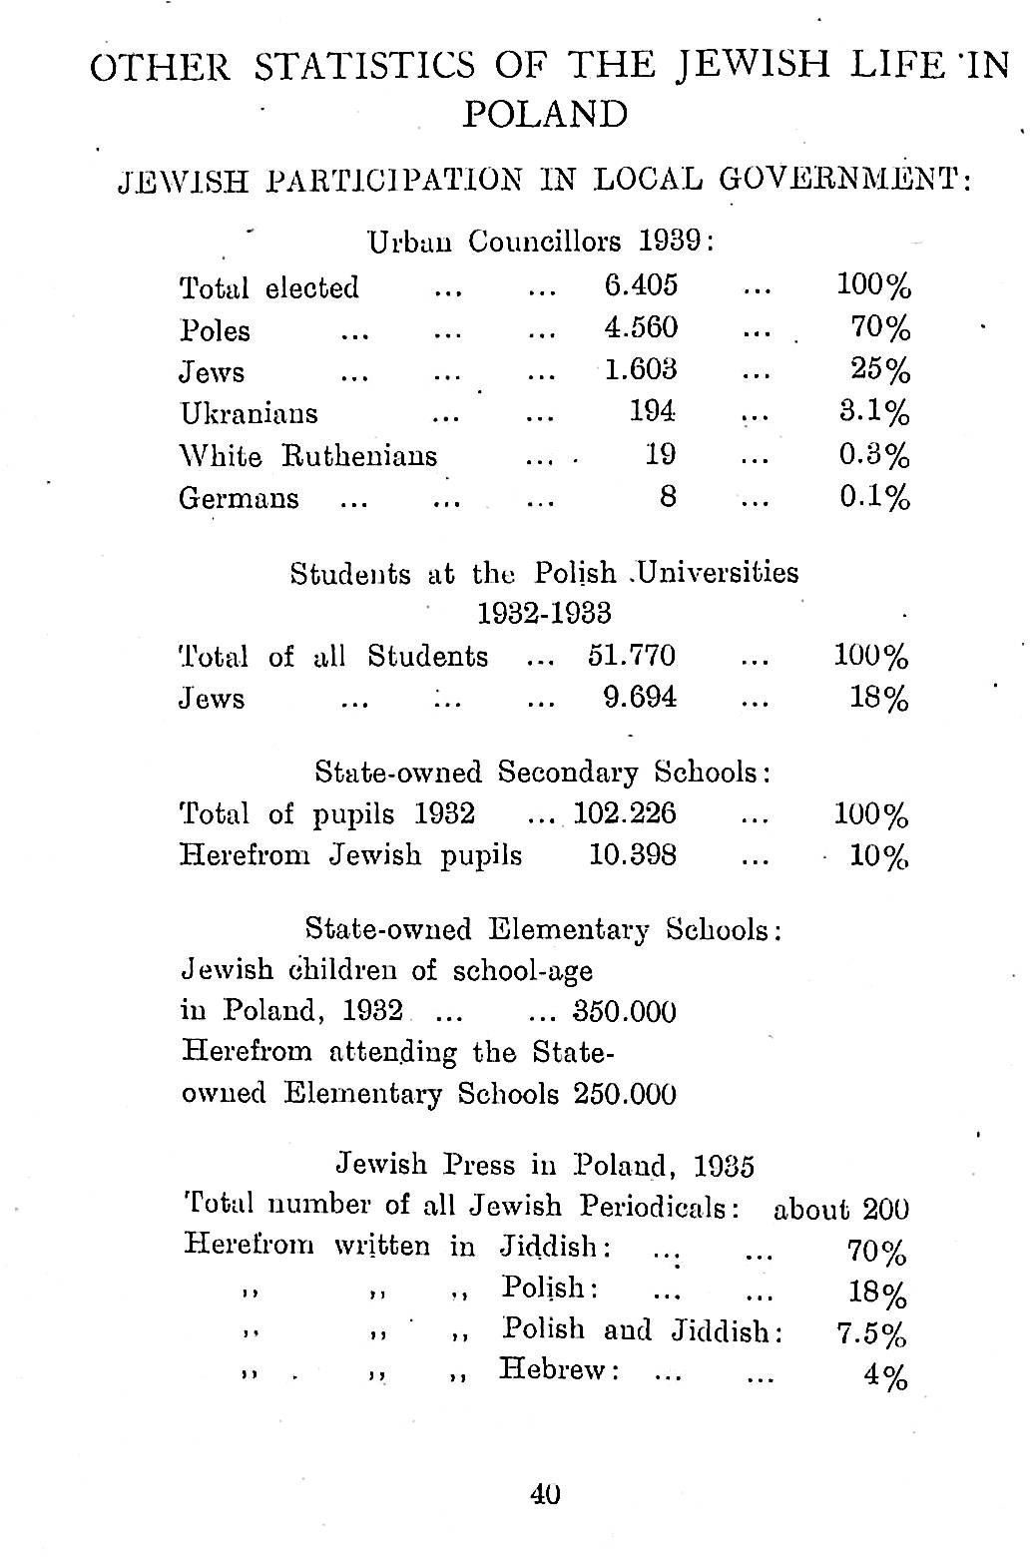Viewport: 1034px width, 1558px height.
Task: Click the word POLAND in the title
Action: [x=545, y=115]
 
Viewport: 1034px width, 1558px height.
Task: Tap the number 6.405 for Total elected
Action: [x=641, y=285]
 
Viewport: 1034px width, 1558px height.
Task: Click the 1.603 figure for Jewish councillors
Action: [x=641, y=370]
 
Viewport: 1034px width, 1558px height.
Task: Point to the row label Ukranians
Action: [x=249, y=413]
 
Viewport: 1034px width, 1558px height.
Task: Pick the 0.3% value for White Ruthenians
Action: [x=874, y=455]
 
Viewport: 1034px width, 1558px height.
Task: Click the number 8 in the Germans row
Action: [x=668, y=496]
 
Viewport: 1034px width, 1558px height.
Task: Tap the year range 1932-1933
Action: [x=544, y=613]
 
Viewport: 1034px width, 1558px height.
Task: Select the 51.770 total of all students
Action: [x=631, y=656]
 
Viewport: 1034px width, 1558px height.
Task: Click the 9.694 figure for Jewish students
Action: [x=641, y=698]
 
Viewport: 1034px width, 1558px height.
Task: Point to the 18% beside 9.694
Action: [x=879, y=699]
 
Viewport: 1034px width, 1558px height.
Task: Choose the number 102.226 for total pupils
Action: [x=625, y=814]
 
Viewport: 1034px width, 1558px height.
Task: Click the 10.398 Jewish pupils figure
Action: [x=633, y=855]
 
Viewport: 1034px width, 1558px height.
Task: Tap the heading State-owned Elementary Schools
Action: [x=542, y=929]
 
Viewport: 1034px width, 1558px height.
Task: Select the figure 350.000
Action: [x=625, y=1012]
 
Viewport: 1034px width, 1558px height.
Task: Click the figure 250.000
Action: [x=625, y=1095]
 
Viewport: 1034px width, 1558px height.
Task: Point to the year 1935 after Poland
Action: [x=724, y=1166]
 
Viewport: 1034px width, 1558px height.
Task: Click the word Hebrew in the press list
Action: [x=556, y=1369]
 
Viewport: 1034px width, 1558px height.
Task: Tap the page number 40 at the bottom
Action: [x=545, y=1494]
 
